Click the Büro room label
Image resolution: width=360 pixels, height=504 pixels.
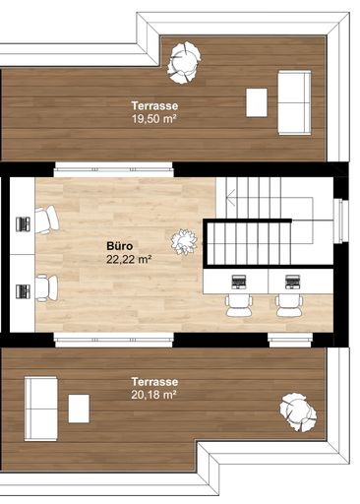pos(120,246)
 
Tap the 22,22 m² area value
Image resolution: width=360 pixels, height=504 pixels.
pos(129,259)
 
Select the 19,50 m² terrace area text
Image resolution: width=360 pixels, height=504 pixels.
pos(154,118)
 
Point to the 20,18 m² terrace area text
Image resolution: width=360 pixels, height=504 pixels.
pos(153,395)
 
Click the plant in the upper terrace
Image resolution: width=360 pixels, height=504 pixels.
pos(183,62)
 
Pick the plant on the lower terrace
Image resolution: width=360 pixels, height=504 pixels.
pos(298,411)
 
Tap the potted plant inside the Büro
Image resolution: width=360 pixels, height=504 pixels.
pos(184,242)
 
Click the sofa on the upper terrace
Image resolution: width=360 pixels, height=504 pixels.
pos(294,102)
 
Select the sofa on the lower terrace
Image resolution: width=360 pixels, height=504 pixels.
pos(41,409)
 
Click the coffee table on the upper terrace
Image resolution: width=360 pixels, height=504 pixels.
pos(257,102)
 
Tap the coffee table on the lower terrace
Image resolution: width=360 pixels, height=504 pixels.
pos(79,409)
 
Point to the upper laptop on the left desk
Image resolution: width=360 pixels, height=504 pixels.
pos(24,224)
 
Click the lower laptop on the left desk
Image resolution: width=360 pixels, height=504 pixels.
pos(24,291)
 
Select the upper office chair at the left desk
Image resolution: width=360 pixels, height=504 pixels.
pos(47,220)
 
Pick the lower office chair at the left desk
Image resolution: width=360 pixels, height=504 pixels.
pos(46,288)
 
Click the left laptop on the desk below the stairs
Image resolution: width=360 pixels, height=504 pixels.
pos(239,282)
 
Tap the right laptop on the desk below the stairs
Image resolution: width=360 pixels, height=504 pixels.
pos(292,282)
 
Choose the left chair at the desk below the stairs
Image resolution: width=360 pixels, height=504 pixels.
pos(239,305)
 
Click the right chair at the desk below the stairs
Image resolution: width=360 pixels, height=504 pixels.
pos(289,305)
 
